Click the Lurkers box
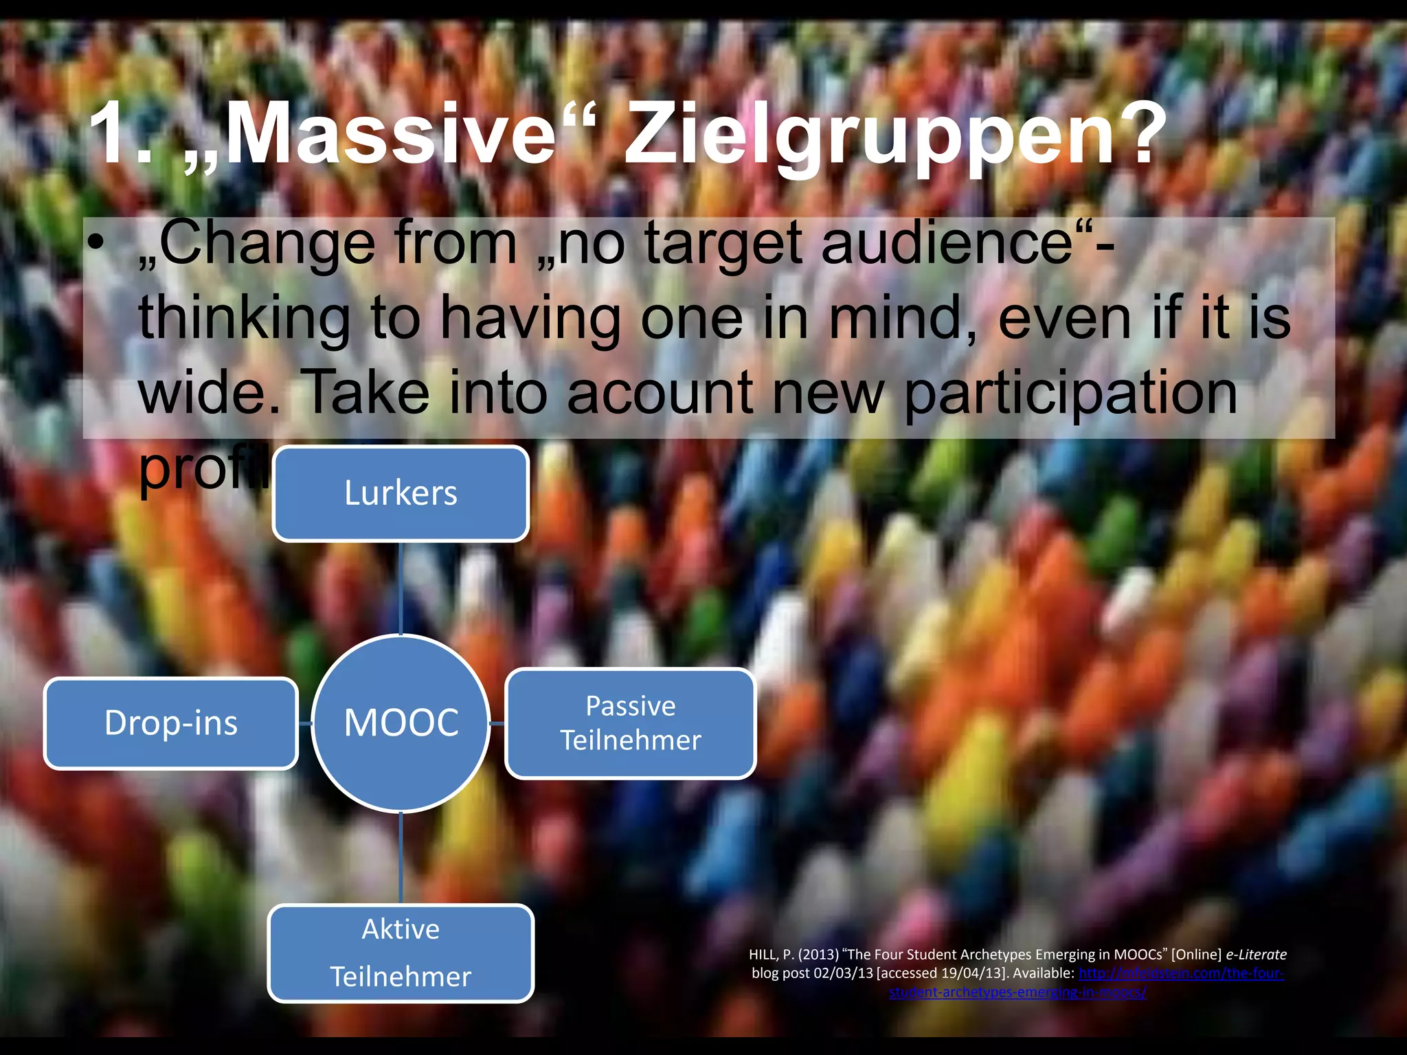[401, 493]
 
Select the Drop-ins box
[171, 723]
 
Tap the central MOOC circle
[401, 723]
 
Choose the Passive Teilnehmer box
[630, 723]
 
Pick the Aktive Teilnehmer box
[401, 953]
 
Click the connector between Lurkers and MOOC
[401, 587]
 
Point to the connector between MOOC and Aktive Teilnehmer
[401, 859]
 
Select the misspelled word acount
[660, 393]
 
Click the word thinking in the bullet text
[244, 319]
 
